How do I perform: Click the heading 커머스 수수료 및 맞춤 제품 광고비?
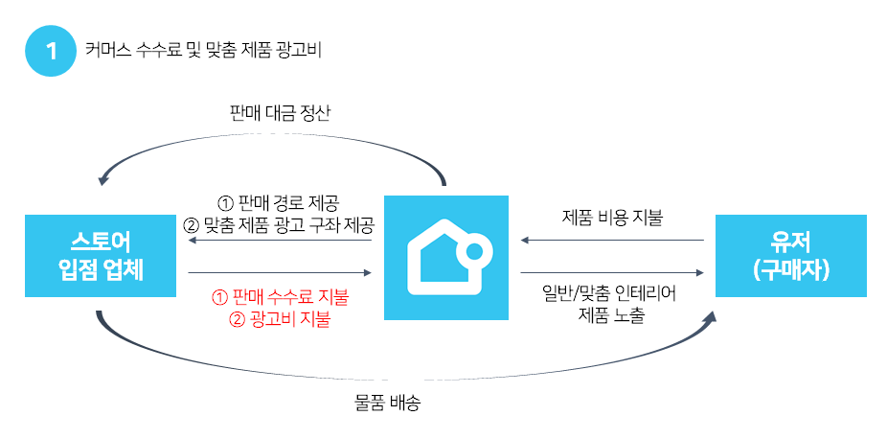202,51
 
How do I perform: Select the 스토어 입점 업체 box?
100,255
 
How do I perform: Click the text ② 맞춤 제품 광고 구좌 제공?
278,225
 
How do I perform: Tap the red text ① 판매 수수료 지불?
280,297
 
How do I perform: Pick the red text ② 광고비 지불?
280,319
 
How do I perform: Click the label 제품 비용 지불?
612,217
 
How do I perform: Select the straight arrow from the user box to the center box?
612,241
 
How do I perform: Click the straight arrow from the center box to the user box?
612,273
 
